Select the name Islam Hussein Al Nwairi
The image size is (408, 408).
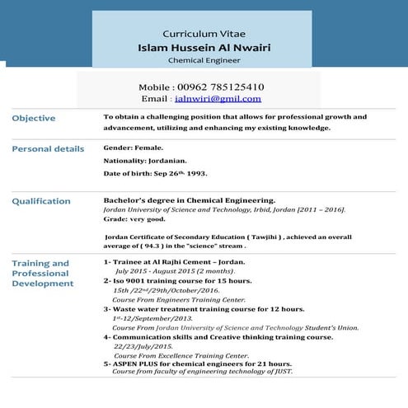[205, 47]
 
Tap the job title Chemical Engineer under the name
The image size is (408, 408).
[205, 61]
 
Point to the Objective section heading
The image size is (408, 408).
[34, 118]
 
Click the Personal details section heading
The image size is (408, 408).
[48, 149]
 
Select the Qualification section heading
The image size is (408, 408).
[41, 201]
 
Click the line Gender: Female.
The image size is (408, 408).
[128, 148]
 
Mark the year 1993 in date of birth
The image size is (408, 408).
[195, 175]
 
